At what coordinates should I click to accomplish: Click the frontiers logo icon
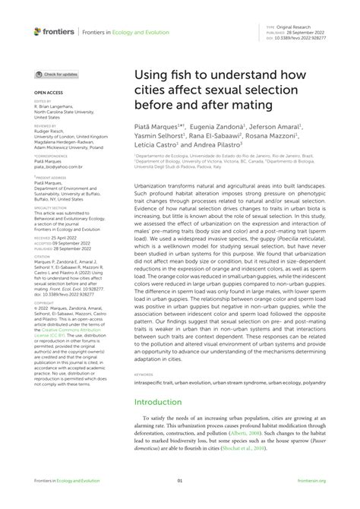click(x=39, y=31)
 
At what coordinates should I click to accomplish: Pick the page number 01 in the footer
click(x=180, y=501)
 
